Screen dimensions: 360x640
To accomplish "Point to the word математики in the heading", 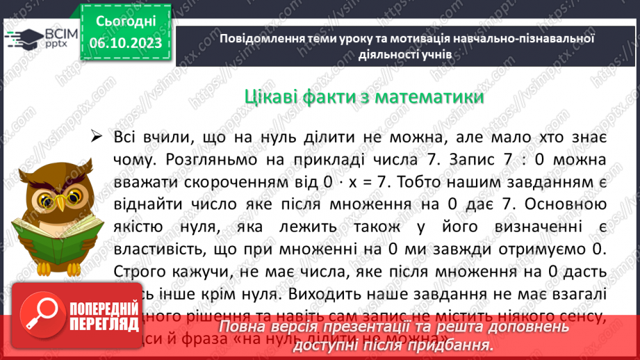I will [x=429, y=97].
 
